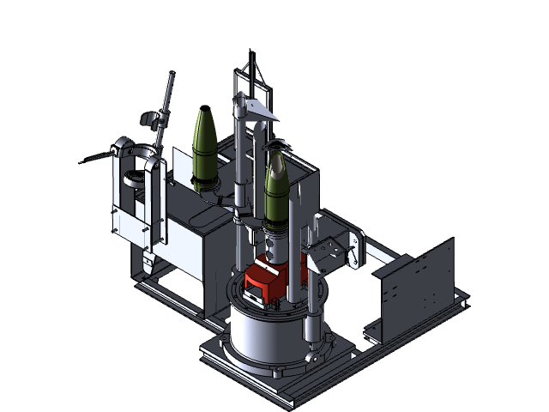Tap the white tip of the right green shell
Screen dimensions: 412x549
(x=274, y=154)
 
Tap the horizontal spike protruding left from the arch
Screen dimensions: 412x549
(x=98, y=157)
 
